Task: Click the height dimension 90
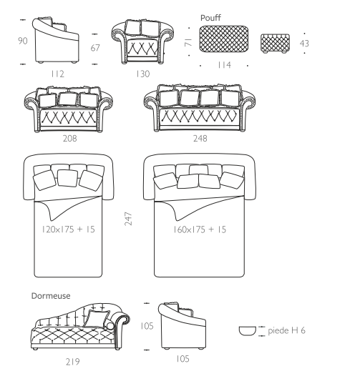[23, 41]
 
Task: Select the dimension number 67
[95, 48]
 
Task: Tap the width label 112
[57, 74]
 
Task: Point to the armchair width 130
[142, 74]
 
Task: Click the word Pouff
[210, 18]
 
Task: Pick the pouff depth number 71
[188, 42]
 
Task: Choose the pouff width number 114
[224, 65]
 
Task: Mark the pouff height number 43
[304, 44]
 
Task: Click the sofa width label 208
[69, 138]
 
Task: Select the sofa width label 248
[200, 138]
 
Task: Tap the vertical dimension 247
[128, 219]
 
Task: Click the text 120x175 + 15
[68, 229]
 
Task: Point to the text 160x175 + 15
[200, 229]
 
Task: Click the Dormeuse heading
[51, 296]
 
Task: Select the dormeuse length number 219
[72, 362]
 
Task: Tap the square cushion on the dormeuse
[97, 319]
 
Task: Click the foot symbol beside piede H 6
[248, 331]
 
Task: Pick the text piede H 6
[286, 330]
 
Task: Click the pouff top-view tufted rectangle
[224, 39]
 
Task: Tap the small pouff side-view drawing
[275, 44]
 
